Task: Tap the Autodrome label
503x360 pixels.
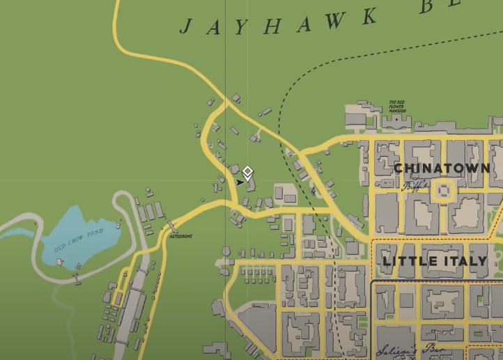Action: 180,237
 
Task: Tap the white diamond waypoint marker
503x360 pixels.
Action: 247,171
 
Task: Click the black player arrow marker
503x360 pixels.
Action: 240,182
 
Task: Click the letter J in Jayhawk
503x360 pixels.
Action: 185,26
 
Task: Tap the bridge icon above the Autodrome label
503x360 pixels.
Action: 171,227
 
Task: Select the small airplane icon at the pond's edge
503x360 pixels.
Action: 118,225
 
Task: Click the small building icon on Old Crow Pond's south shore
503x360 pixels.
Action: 61,262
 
